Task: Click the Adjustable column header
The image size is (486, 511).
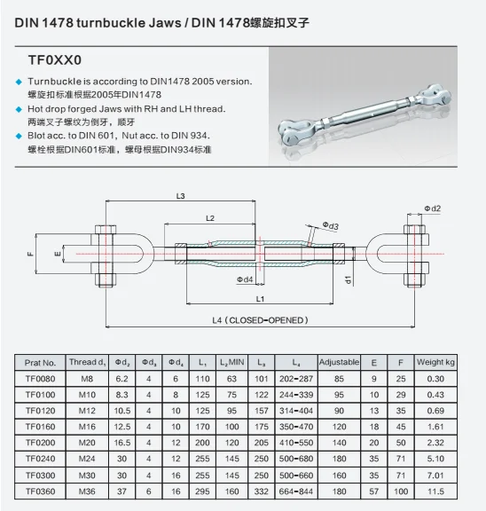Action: (x=338, y=362)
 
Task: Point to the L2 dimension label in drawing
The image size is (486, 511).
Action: (x=210, y=216)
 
